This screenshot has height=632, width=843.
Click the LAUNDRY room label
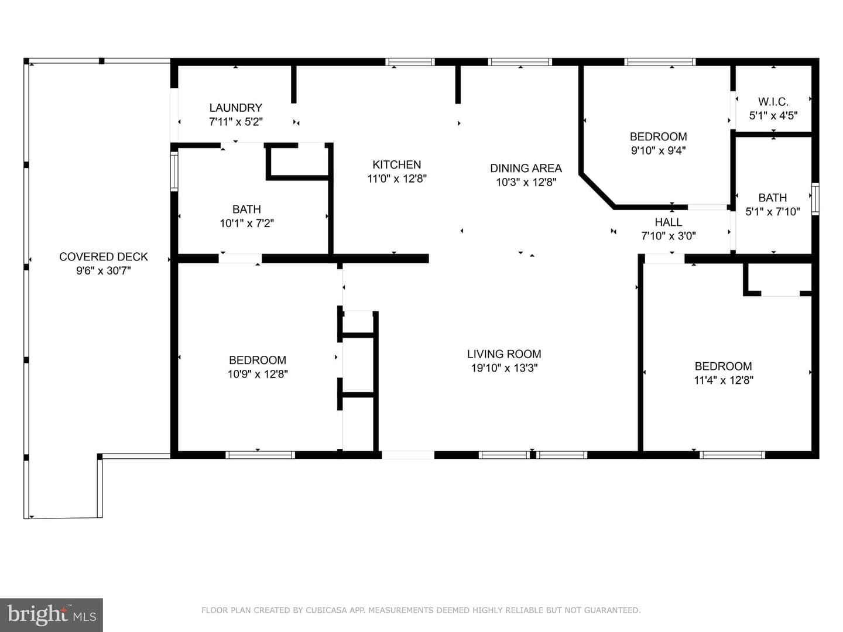pos(235,108)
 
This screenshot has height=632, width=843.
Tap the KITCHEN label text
pos(397,164)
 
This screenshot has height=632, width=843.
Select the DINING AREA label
pos(526,168)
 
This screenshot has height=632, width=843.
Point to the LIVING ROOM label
pos(504,354)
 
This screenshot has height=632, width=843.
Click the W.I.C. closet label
pos(773,102)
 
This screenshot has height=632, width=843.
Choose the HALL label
pos(669,222)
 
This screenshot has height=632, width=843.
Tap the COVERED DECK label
pos(103,257)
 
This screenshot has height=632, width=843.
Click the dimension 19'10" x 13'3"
pos(504,368)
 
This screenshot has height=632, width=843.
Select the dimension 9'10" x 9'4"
pos(658,150)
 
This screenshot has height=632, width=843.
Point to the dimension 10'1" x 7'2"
pos(246,223)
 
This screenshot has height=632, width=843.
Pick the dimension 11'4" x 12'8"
pos(723,380)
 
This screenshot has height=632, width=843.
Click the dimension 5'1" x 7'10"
pos(772,211)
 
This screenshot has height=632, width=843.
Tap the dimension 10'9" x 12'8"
pos(258,374)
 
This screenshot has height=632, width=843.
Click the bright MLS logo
pos(52,614)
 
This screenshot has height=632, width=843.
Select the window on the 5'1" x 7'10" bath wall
pos(815,199)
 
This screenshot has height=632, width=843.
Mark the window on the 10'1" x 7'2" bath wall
pos(174,171)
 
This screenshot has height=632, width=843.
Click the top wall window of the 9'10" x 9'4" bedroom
pos(660,62)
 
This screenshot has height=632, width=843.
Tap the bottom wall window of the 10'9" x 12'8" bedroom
pos(260,455)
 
